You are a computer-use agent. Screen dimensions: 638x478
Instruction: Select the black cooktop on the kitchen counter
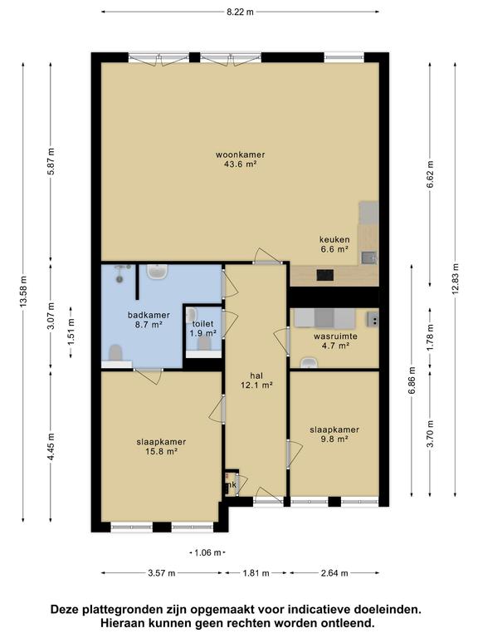(x=325, y=275)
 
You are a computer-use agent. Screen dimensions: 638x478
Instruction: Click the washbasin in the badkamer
(x=156, y=272)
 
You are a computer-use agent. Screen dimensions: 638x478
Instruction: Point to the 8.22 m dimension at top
(x=239, y=12)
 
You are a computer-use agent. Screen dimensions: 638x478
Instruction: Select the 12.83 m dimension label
(x=454, y=291)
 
